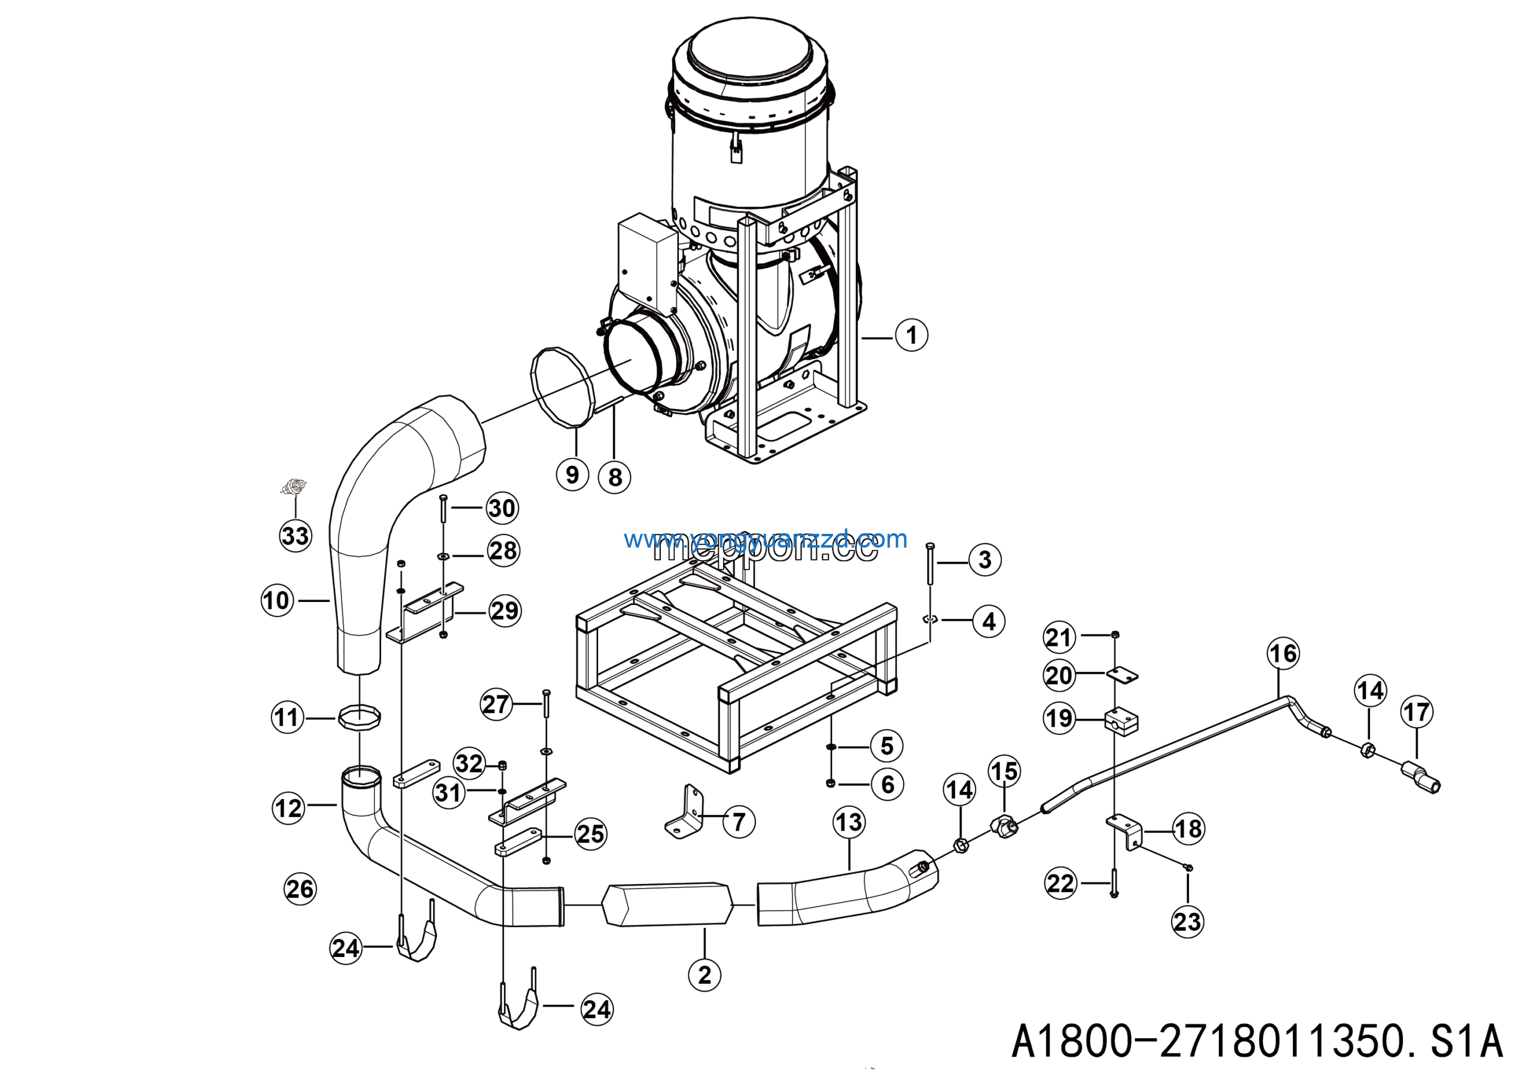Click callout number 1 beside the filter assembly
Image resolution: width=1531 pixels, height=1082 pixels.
click(911, 335)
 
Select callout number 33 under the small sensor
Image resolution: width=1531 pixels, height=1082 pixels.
click(295, 536)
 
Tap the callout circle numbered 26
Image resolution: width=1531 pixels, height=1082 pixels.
click(300, 889)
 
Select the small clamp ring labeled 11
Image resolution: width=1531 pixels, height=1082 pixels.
click(359, 718)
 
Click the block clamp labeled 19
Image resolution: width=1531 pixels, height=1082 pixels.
click(1121, 721)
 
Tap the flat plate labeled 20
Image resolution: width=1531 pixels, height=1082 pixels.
click(1123, 676)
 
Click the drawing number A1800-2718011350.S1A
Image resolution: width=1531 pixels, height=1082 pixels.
click(1257, 1041)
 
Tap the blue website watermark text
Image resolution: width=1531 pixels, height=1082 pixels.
click(765, 539)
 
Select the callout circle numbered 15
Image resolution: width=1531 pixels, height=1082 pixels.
click(1004, 771)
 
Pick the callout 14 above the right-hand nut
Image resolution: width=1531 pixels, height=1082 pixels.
click(1370, 691)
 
